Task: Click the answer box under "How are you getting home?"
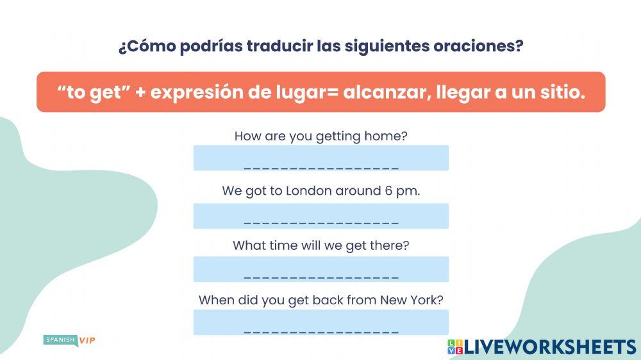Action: pos(320,158)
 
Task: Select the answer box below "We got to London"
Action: pos(320,217)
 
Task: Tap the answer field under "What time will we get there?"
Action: pos(320,270)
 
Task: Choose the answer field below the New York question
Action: pos(320,323)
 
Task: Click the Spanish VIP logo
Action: pos(69,340)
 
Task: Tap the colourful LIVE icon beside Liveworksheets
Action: pos(454,347)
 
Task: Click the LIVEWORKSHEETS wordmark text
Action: pos(550,347)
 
